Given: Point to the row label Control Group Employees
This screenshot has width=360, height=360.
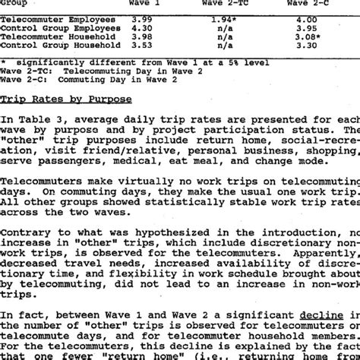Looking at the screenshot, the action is pyautogui.click(x=62, y=27).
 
